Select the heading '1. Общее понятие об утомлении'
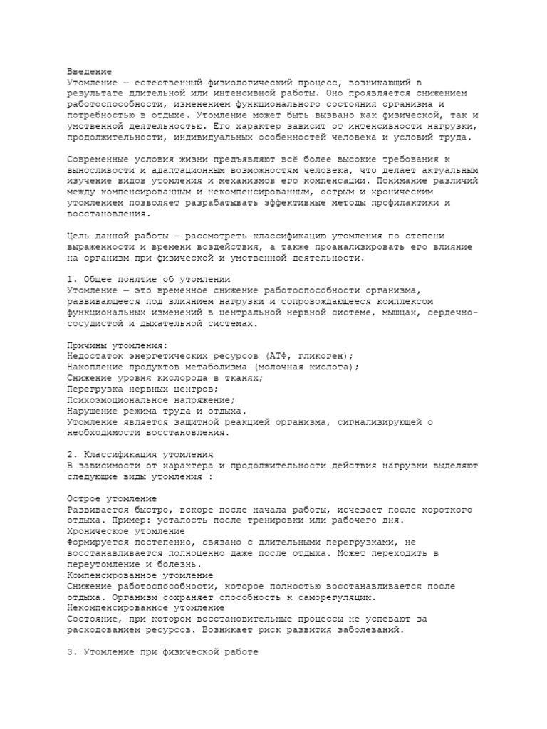point(149,280)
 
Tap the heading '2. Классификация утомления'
point(140,454)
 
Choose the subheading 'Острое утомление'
point(112,498)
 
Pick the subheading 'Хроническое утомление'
point(125,531)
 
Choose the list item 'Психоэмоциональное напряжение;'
point(154,400)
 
